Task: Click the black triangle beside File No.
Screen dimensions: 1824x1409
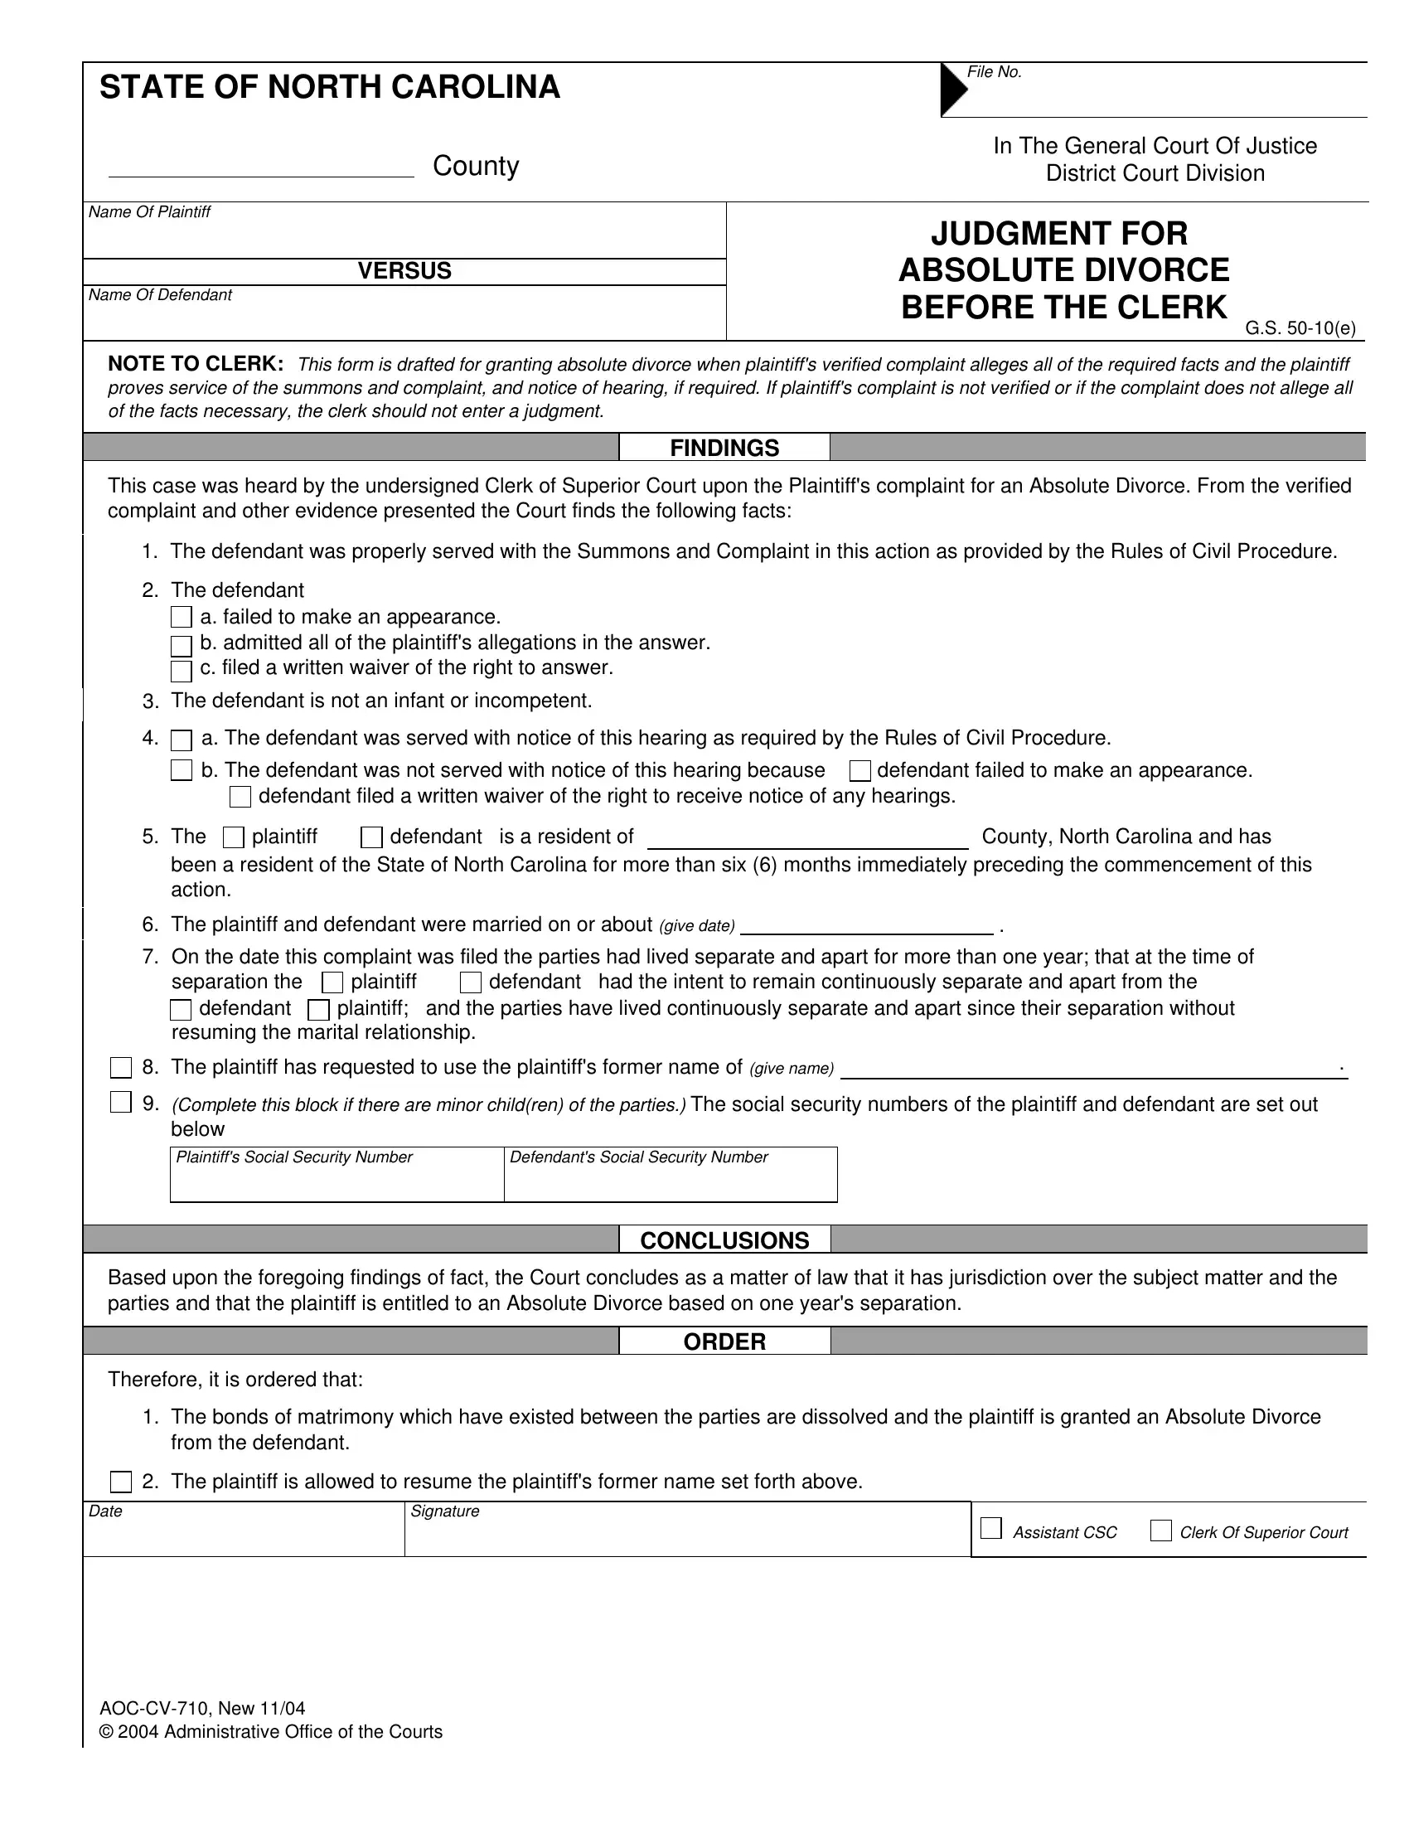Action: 952,89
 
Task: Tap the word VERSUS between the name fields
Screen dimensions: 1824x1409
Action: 404,271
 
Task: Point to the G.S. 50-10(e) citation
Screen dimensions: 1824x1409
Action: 1300,329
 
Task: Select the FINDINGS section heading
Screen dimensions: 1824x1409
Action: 724,449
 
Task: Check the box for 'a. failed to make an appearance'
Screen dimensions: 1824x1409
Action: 182,618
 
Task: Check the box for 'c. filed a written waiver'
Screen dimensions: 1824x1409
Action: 182,671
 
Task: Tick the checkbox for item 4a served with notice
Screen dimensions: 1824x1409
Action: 182,740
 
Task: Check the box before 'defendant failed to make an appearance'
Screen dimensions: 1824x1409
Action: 859,771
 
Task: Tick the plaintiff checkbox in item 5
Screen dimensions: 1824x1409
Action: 234,837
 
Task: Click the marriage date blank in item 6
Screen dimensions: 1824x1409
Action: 866,925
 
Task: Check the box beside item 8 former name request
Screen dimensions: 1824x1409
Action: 121,1068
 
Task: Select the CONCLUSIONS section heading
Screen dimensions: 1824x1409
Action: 724,1241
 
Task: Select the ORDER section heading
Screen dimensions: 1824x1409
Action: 724,1342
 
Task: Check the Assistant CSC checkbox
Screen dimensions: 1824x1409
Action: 990,1529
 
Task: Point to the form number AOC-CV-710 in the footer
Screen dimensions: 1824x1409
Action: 154,1709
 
